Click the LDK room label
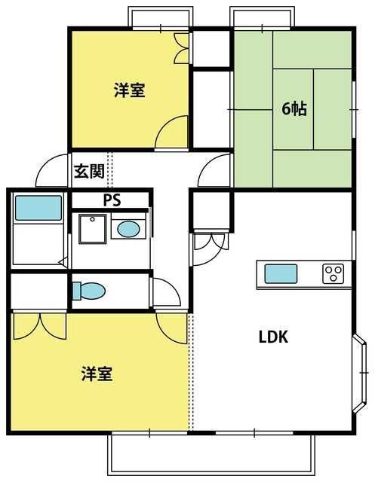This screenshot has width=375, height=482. tap(273, 337)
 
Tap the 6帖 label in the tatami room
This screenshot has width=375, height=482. tap(294, 108)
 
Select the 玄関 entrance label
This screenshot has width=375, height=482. tap(89, 171)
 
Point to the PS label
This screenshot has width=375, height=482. tap(112, 200)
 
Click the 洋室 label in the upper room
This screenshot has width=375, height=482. tap(130, 90)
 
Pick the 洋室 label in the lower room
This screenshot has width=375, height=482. tap(97, 374)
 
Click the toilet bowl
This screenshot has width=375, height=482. tap(89, 291)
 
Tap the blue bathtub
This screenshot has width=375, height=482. tap(38, 208)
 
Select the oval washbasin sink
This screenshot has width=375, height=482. tap(129, 230)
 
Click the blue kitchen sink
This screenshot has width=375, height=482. tap(281, 274)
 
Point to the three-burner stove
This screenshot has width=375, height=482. tap(334, 273)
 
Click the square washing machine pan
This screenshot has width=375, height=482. tap(92, 229)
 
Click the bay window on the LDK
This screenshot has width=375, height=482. tap(360, 373)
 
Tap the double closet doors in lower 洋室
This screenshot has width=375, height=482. tap(40, 326)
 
